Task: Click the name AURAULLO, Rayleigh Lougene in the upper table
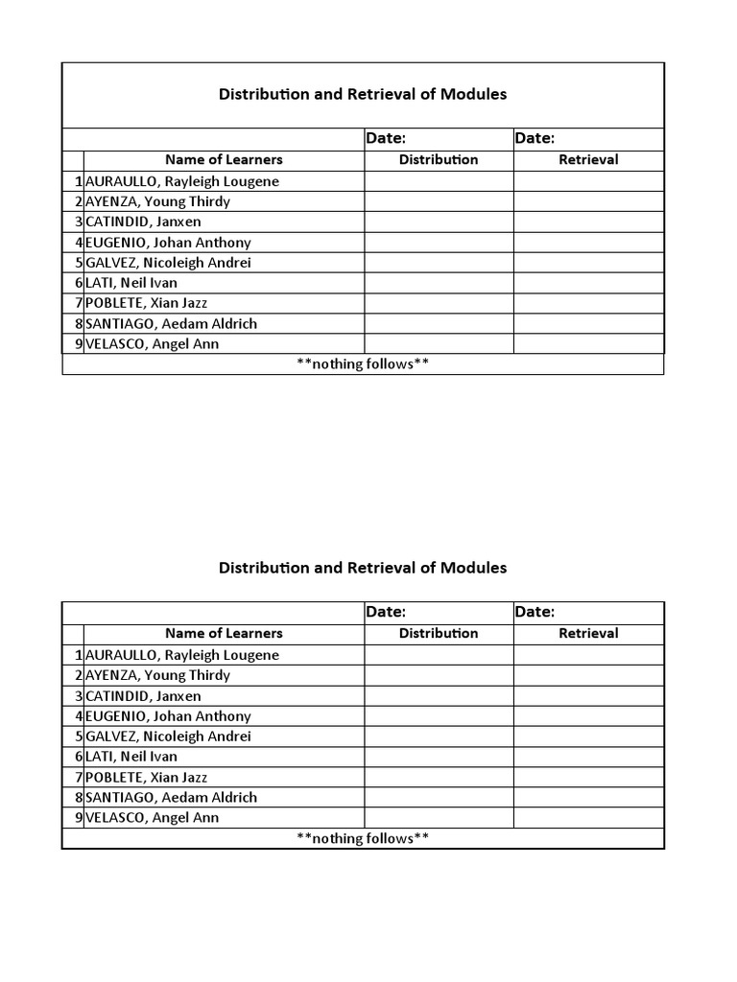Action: pos(182,181)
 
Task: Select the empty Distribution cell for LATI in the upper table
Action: pos(439,283)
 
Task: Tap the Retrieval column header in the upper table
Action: pos(588,160)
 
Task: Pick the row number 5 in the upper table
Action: pos(78,263)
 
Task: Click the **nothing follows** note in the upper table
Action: pos(363,364)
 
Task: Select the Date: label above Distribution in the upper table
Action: pos(386,139)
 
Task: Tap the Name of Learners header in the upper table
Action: pos(224,160)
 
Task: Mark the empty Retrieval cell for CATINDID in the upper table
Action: pos(588,222)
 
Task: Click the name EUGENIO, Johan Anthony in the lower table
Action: pos(168,716)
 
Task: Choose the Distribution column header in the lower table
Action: pos(439,634)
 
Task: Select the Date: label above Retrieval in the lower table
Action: pos(535,612)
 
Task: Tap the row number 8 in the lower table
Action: pos(78,797)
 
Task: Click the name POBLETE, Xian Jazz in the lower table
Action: pos(146,777)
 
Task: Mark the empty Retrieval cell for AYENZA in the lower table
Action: pos(588,675)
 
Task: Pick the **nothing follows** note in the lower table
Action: pos(363,838)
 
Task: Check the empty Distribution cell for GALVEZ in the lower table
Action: pos(439,736)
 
